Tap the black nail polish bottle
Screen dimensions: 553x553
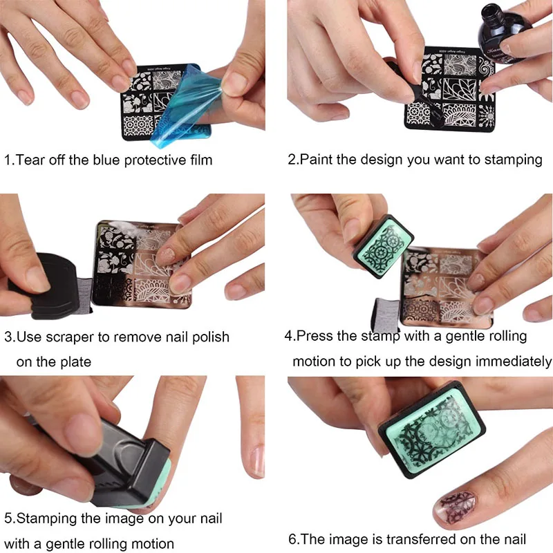pos(503,33)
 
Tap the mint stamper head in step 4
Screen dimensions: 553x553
pos(384,247)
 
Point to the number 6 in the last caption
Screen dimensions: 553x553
pos(292,539)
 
